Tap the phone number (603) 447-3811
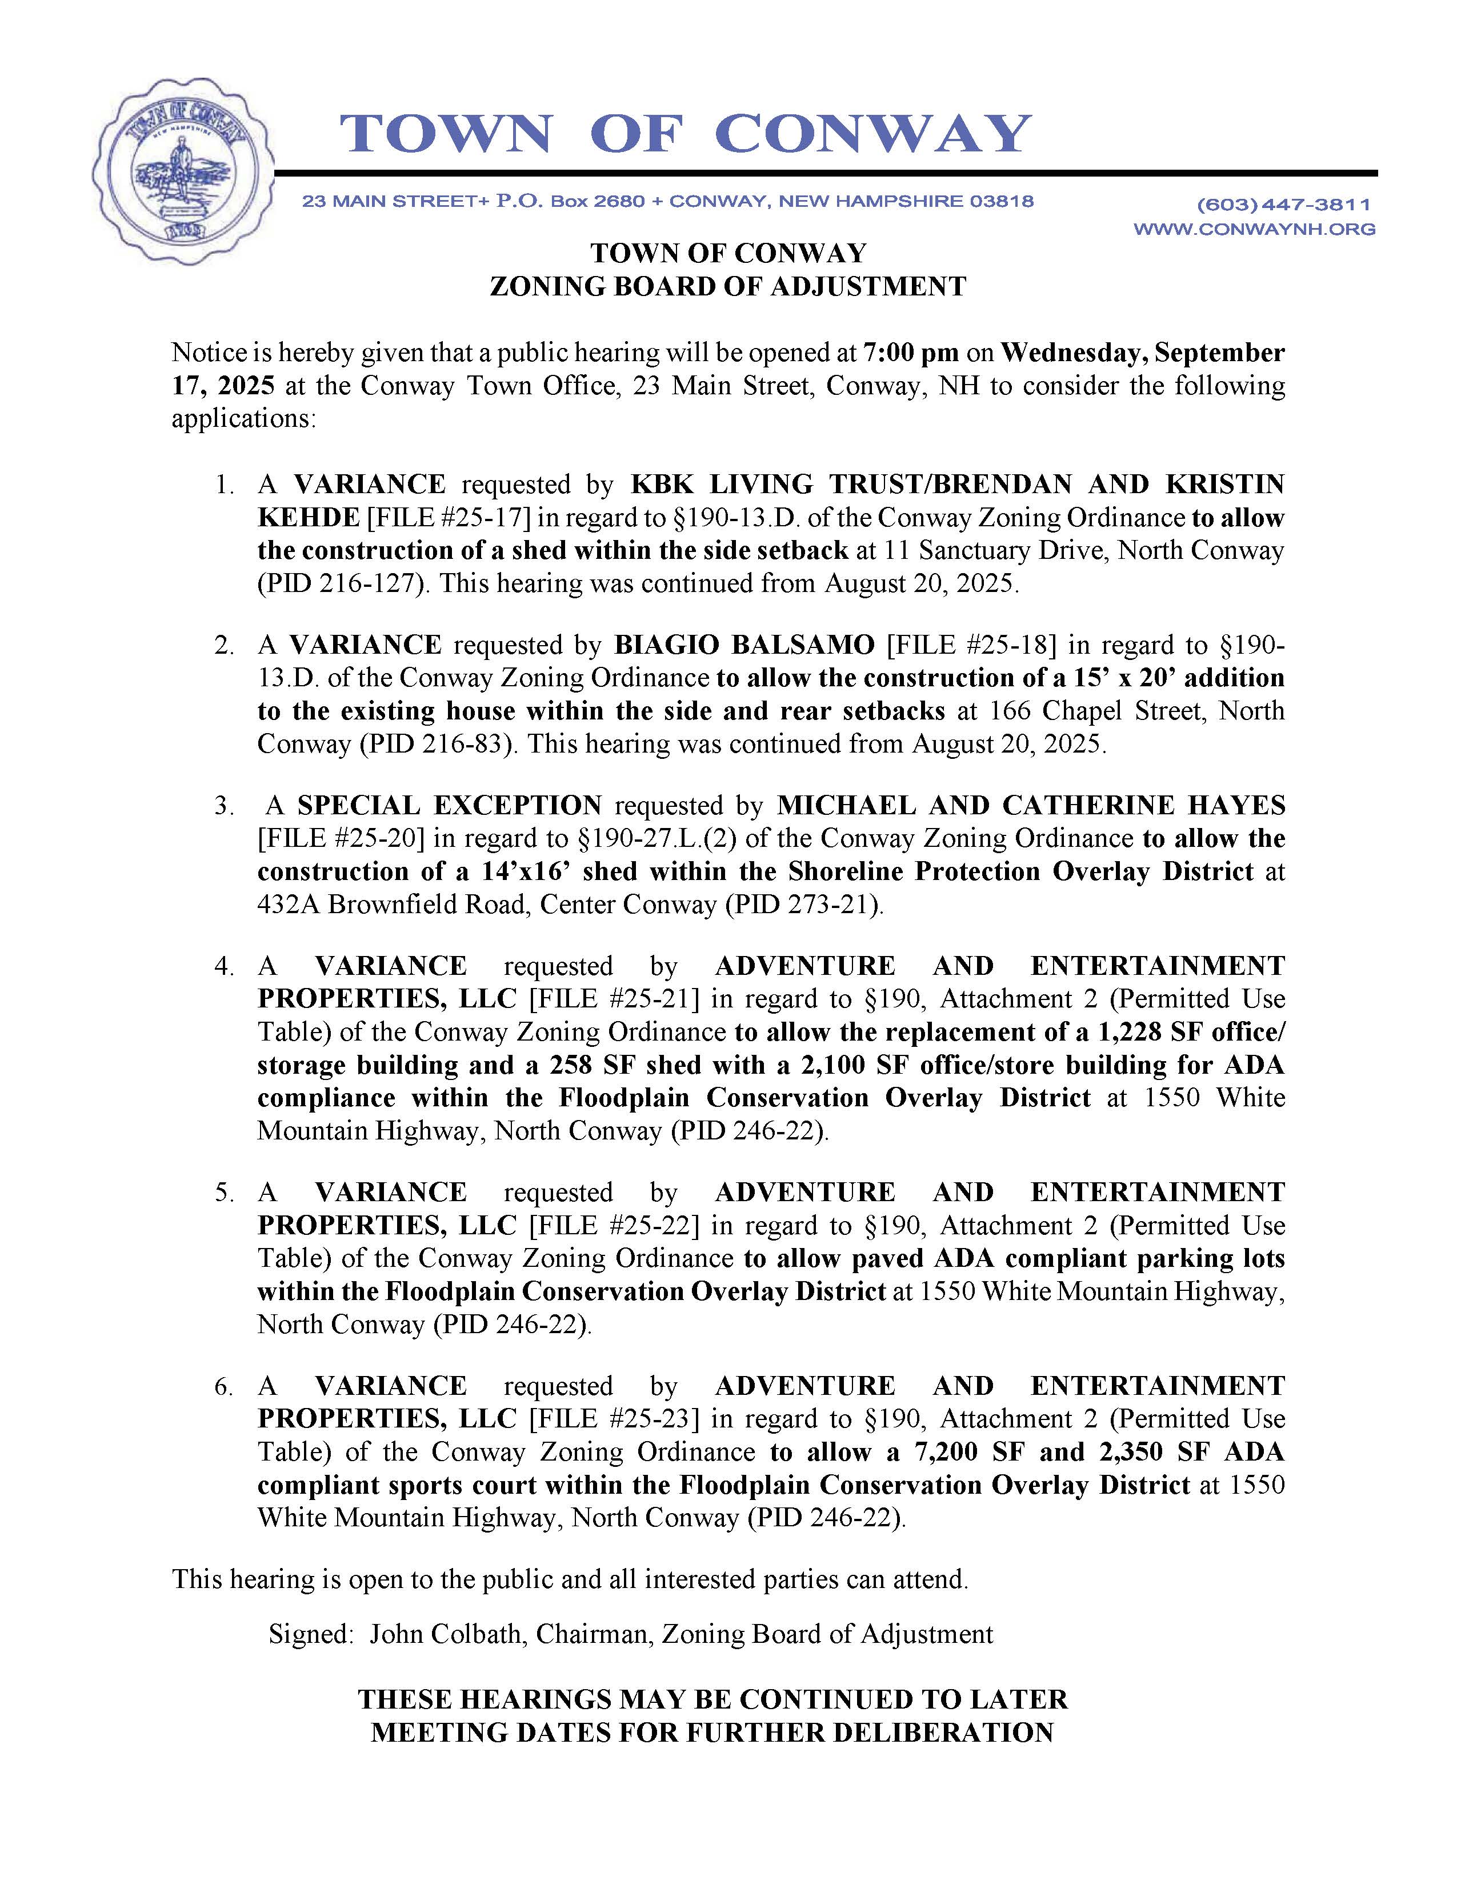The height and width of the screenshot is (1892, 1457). pyautogui.click(x=1284, y=205)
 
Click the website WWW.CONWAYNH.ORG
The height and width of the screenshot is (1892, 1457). pyautogui.click(x=1254, y=230)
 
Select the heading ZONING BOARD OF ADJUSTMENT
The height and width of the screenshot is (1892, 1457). pyautogui.click(x=727, y=287)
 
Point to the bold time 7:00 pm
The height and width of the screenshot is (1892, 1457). pyautogui.click(x=911, y=354)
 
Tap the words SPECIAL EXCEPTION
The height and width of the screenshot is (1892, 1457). pyautogui.click(x=450, y=806)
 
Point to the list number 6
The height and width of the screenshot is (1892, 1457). pyautogui.click(x=223, y=1387)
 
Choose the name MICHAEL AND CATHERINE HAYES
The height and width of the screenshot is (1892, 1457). pyautogui.click(x=1030, y=806)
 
